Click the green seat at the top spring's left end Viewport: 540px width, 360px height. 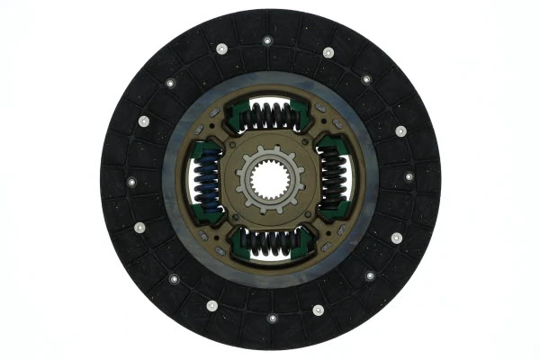point(237,116)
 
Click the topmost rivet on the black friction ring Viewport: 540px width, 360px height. point(266,40)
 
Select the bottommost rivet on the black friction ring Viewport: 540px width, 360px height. point(272,317)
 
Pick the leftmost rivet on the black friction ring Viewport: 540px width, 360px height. point(131,182)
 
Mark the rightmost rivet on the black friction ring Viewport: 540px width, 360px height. point(409,176)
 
